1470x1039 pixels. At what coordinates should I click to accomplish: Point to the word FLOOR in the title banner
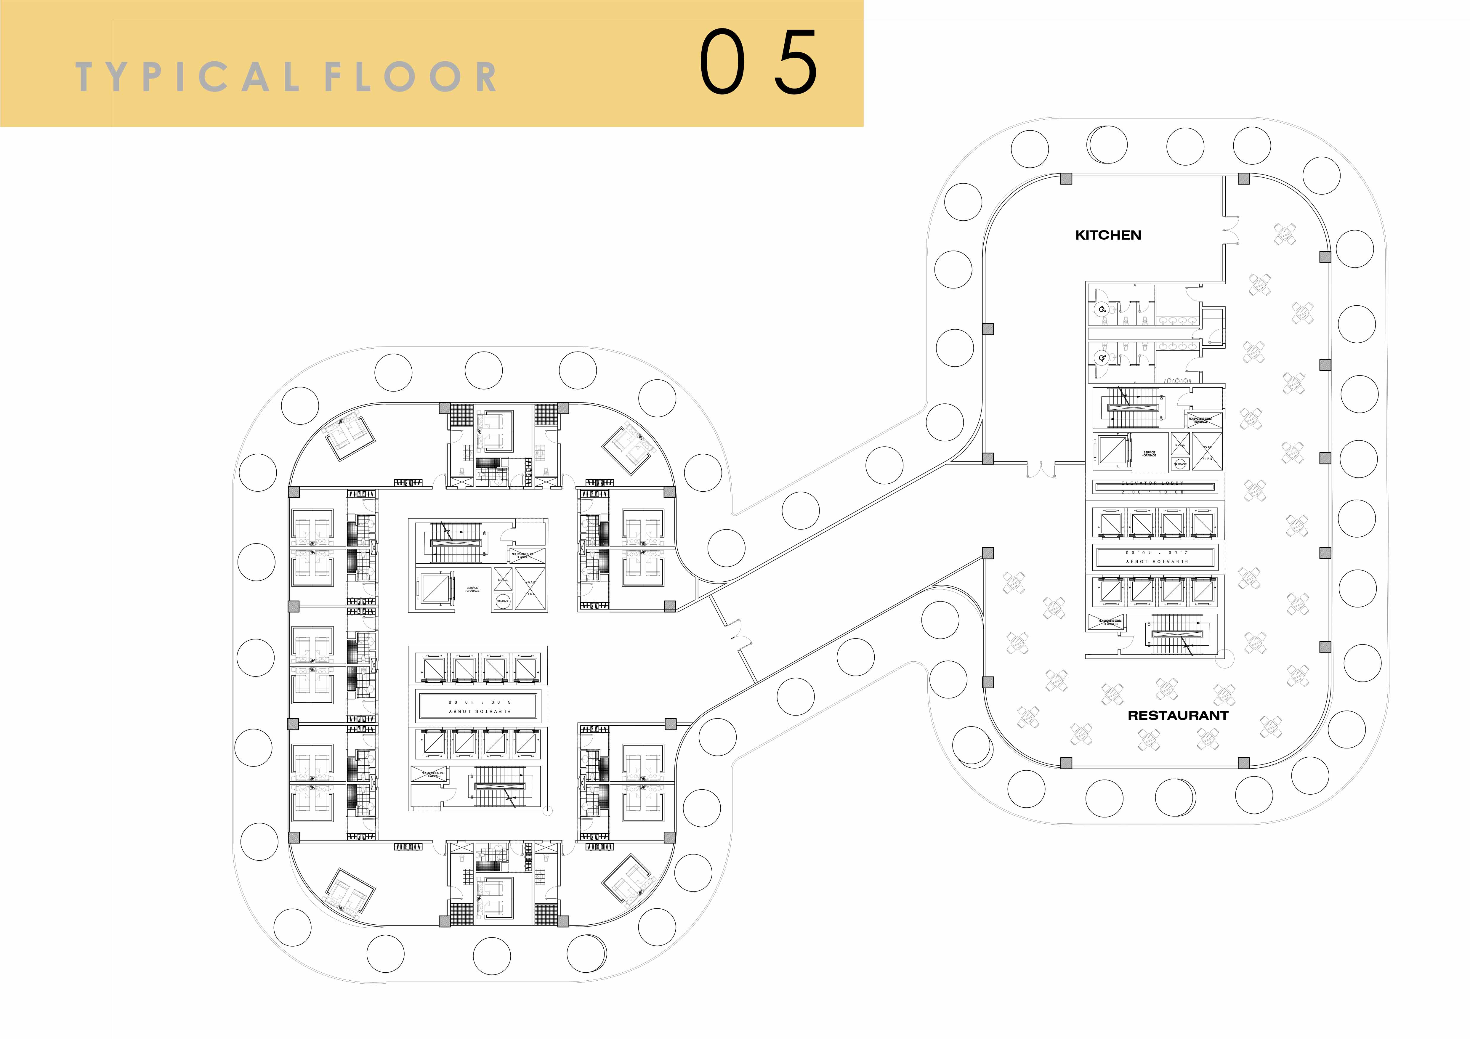tap(410, 77)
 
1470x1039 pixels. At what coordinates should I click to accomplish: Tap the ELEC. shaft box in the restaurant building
tap(1179, 444)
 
